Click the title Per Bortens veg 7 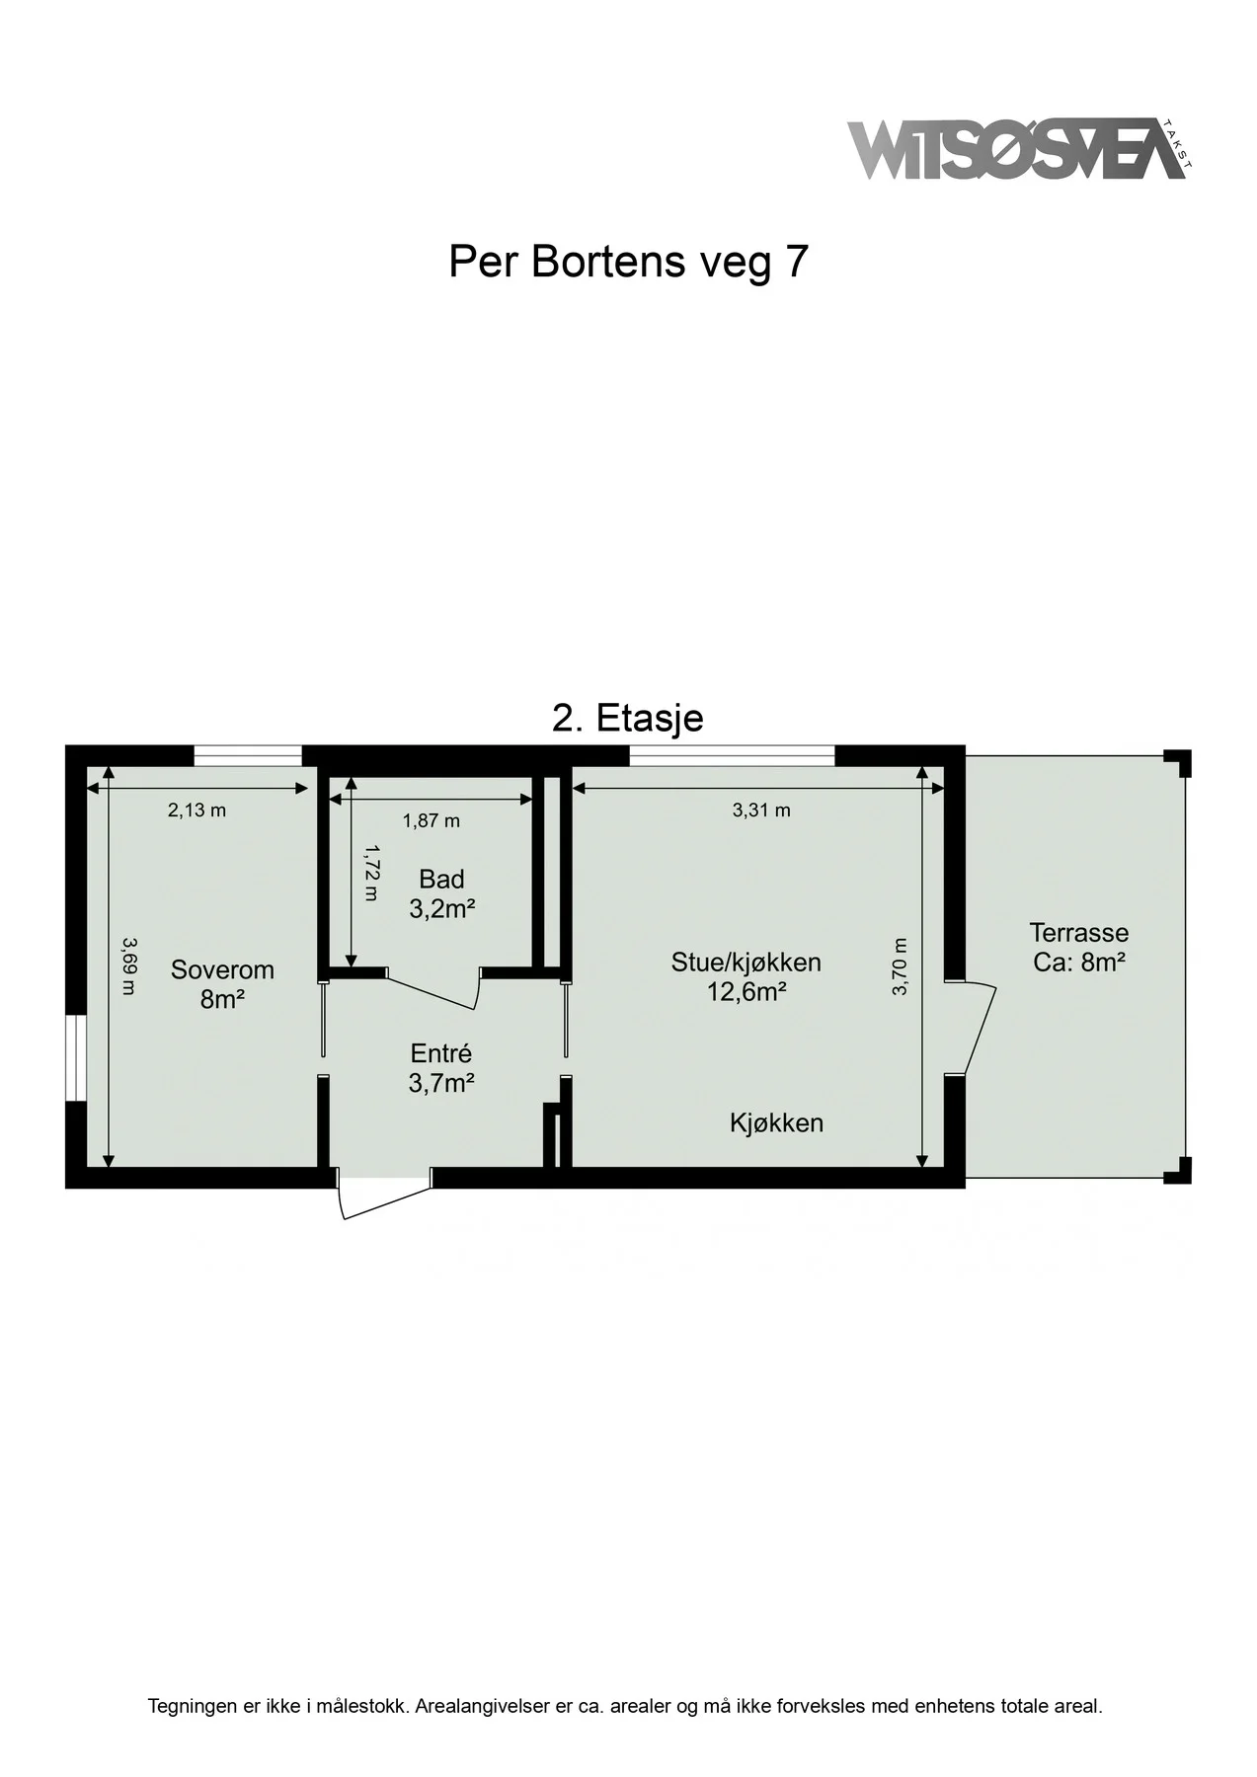click(x=628, y=262)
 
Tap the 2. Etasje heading click(x=628, y=718)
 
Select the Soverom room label click(x=222, y=984)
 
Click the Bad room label click(x=441, y=893)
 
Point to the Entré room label click(x=440, y=1068)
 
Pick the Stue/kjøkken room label click(x=746, y=976)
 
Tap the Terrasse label click(x=1079, y=947)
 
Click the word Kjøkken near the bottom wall click(x=777, y=1122)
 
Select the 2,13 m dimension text click(x=196, y=811)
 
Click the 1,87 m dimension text click(x=431, y=820)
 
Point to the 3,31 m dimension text click(x=761, y=811)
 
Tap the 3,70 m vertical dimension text click(x=900, y=966)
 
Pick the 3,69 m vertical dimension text click(x=127, y=966)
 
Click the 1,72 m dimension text click(x=370, y=872)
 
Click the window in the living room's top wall click(x=733, y=755)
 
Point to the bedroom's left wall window click(x=75, y=1057)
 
